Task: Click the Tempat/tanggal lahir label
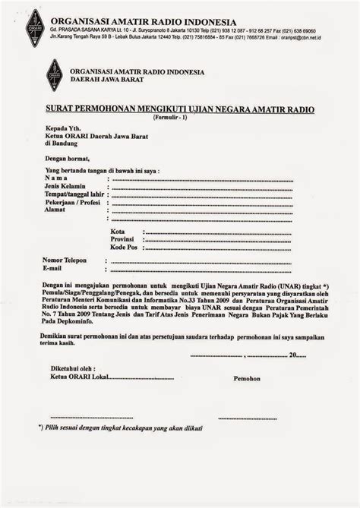74,195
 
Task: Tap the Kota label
118,231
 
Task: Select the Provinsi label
124,239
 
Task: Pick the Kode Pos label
124,248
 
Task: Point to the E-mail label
52,269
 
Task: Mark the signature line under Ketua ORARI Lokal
88,418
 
